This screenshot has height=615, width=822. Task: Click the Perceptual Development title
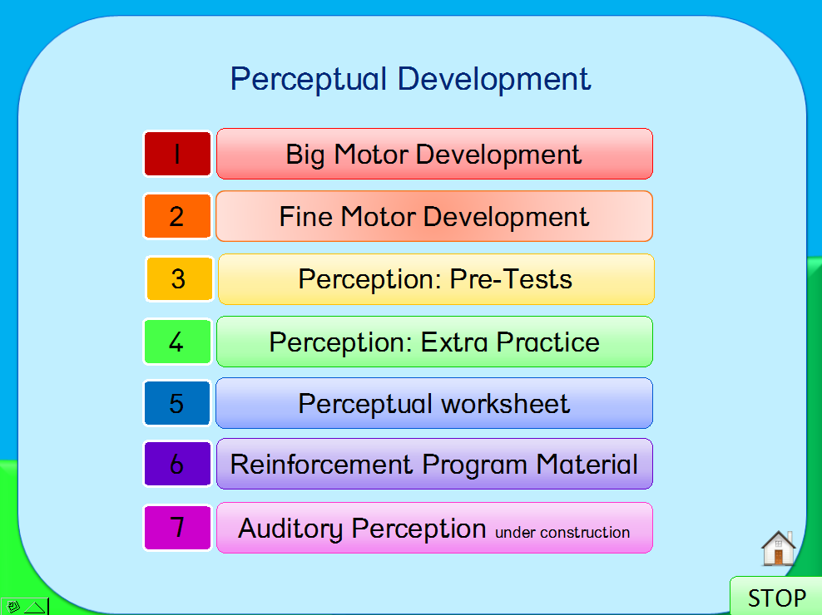pyautogui.click(x=410, y=80)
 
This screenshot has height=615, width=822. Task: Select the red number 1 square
pyautogui.click(x=177, y=154)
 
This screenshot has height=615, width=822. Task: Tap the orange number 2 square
pyautogui.click(x=177, y=216)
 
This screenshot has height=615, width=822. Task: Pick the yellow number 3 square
pyautogui.click(x=179, y=278)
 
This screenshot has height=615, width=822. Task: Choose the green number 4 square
pyautogui.click(x=177, y=342)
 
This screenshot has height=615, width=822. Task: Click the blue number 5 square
pyautogui.click(x=177, y=403)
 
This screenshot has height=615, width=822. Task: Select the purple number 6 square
pyautogui.click(x=177, y=464)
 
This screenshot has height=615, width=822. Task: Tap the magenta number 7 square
pyautogui.click(x=177, y=528)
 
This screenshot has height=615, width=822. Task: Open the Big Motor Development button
pyautogui.click(x=434, y=154)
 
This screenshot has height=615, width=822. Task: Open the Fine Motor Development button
pyautogui.click(x=434, y=216)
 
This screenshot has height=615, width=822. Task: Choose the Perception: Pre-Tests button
pyautogui.click(x=436, y=279)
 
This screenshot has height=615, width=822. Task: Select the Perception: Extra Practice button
pyautogui.click(x=434, y=342)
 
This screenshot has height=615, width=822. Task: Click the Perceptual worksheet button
pyautogui.click(x=434, y=403)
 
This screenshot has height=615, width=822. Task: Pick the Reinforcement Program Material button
pyautogui.click(x=434, y=464)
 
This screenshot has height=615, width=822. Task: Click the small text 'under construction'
pyautogui.click(x=562, y=533)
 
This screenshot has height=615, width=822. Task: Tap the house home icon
pyautogui.click(x=779, y=548)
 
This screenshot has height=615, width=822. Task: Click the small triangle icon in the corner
pyautogui.click(x=35, y=608)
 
